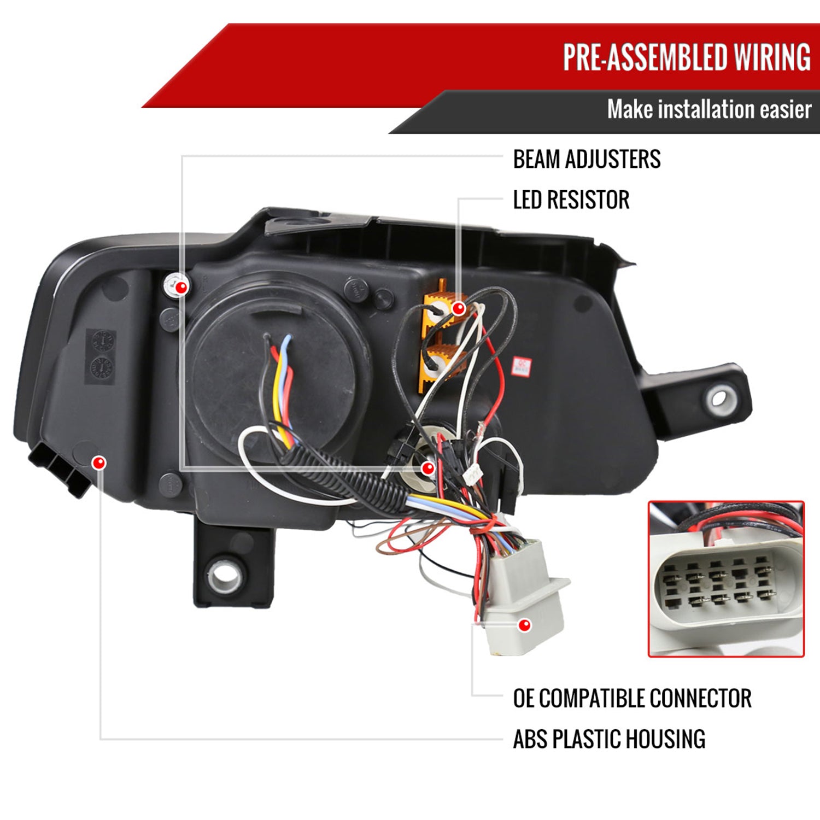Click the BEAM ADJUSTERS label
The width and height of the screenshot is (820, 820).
click(587, 159)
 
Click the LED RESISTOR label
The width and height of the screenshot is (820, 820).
click(571, 200)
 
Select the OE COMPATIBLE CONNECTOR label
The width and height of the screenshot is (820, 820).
click(632, 698)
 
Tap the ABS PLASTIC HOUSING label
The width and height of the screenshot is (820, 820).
click(609, 739)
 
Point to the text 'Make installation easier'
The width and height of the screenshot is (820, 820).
click(709, 109)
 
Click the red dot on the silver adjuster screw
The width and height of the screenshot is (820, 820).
click(181, 286)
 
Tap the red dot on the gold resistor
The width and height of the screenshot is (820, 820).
click(459, 309)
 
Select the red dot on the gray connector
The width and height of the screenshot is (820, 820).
click(524, 625)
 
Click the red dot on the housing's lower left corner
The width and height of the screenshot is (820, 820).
click(99, 463)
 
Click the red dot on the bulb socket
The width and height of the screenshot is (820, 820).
click(428, 468)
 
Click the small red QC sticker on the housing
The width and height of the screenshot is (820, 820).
click(522, 366)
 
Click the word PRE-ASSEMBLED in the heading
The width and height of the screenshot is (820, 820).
click(645, 57)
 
